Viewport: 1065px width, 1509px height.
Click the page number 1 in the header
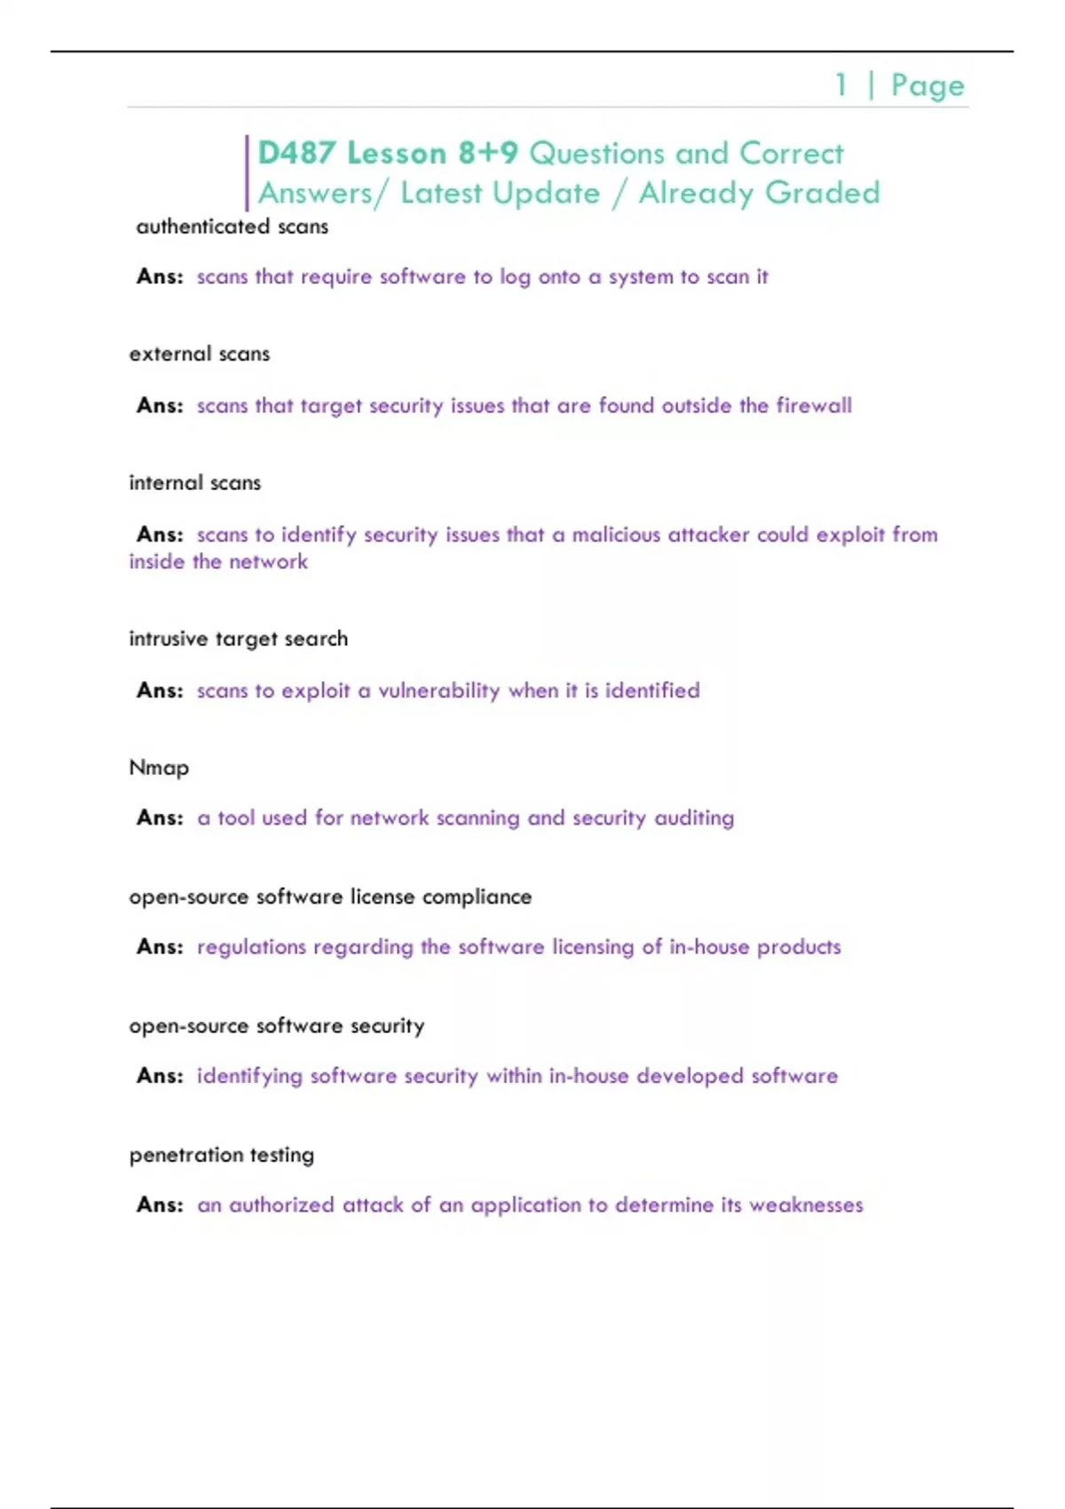click(840, 85)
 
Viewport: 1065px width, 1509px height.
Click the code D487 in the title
click(296, 154)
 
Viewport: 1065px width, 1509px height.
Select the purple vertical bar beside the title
click(247, 173)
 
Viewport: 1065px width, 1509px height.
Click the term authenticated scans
click(232, 227)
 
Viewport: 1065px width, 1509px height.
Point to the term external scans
click(199, 354)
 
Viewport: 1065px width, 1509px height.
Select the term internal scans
click(194, 483)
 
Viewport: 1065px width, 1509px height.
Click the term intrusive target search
click(238, 639)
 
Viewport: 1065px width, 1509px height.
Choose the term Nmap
click(159, 768)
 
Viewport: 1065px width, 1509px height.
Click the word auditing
click(694, 818)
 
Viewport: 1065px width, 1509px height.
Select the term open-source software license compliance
click(330, 897)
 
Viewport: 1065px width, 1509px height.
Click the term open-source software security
click(276, 1026)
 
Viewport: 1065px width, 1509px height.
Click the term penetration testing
click(221, 1155)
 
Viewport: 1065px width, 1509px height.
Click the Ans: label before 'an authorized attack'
click(160, 1205)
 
